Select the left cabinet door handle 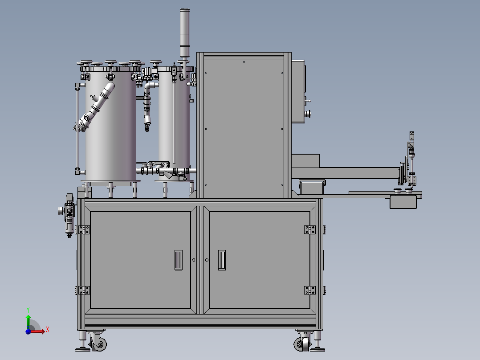pos(178,260)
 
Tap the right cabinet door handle pos(222,260)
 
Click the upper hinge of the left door pos(83,229)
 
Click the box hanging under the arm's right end pos(403,202)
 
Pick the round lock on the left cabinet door pos(193,260)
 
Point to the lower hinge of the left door pos(83,290)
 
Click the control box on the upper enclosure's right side pos(298,91)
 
